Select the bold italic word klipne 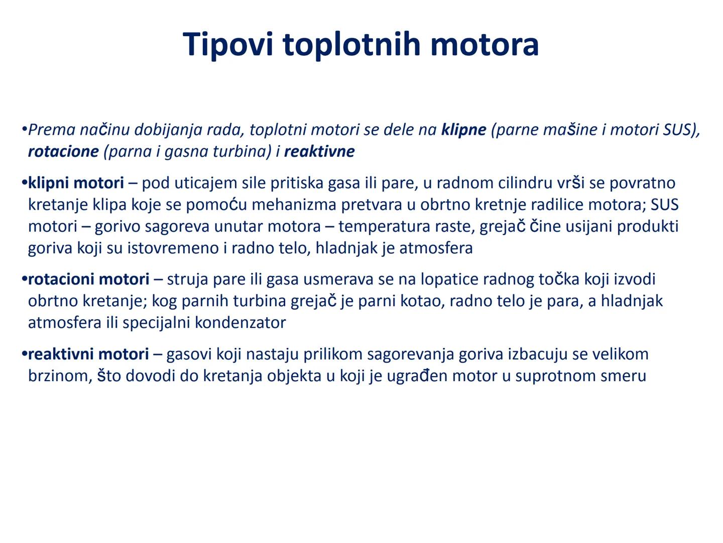pos(463,130)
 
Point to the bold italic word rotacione pos(63,152)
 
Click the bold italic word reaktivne pos(319,152)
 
